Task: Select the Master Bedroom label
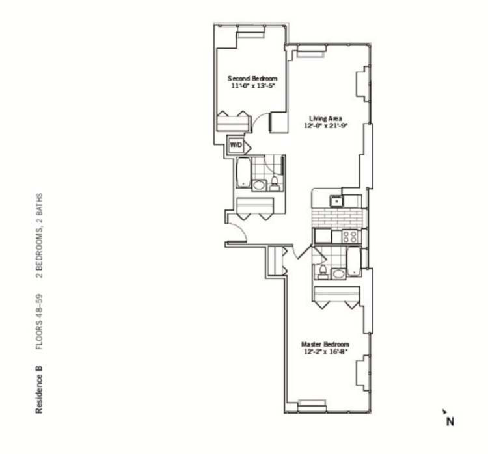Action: (x=325, y=344)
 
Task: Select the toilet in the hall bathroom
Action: (x=275, y=181)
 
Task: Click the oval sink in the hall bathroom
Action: (x=259, y=185)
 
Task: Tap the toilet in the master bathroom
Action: (x=321, y=268)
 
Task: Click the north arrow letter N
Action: (x=449, y=421)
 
